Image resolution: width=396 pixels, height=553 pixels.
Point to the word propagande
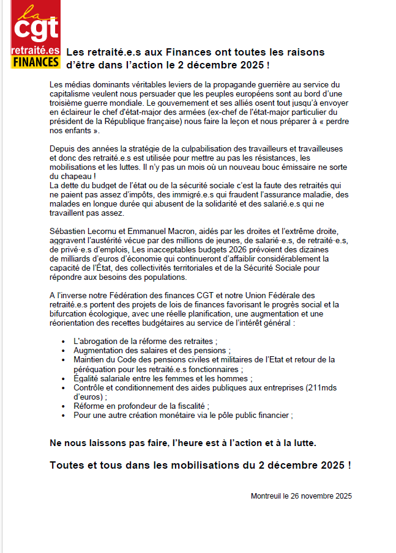236,84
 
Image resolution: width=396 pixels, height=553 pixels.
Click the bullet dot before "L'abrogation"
64,341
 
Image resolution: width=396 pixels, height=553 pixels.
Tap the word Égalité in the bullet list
88,378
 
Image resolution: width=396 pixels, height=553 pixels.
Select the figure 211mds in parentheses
324,387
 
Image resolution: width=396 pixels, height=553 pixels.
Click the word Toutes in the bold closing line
66,465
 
